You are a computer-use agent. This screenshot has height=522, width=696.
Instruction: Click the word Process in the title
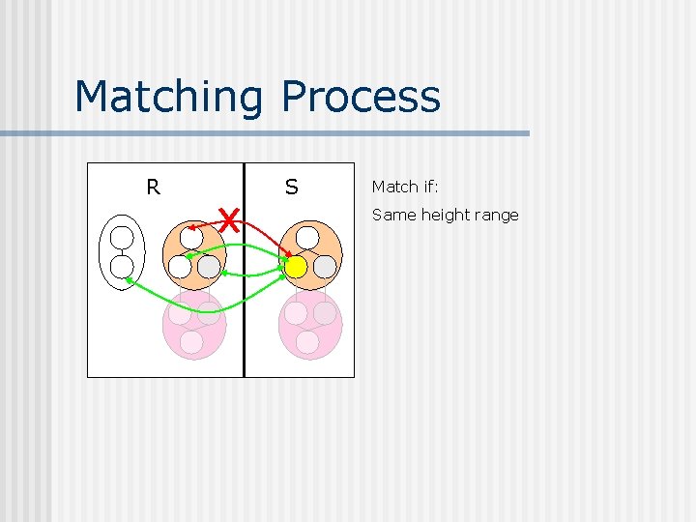tap(361, 97)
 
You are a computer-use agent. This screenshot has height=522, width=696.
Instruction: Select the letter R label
tap(153, 187)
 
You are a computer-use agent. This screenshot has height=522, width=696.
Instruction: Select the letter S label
tap(291, 187)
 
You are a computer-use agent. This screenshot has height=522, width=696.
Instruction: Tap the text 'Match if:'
tap(405, 187)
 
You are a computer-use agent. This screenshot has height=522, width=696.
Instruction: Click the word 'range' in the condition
tap(496, 215)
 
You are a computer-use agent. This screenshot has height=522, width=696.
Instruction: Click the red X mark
tap(228, 219)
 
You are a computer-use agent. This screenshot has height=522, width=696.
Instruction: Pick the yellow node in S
tap(296, 266)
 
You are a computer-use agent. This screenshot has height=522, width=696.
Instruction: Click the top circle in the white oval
tap(122, 238)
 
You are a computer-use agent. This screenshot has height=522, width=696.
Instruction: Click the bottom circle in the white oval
tap(122, 267)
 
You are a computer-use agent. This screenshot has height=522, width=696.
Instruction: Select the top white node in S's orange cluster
tap(307, 238)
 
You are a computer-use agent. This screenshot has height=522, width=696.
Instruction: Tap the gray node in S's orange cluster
tap(325, 266)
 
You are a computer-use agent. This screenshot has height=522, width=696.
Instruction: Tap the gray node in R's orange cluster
tap(209, 266)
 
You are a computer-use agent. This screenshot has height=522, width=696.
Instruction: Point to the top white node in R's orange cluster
tap(191, 237)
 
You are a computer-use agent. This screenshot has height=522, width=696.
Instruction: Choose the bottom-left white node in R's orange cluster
tap(180, 266)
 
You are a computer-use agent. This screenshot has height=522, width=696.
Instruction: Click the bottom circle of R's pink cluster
tap(191, 342)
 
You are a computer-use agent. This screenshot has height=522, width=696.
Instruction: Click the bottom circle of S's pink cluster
tap(307, 342)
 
